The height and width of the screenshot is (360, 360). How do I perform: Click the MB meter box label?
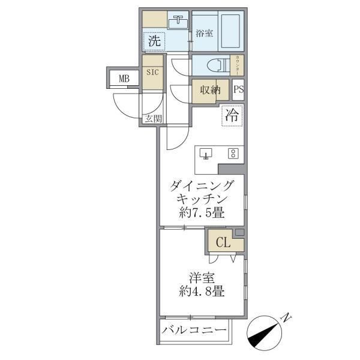(x=124, y=78)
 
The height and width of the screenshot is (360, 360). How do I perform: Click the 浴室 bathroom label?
(x=205, y=34)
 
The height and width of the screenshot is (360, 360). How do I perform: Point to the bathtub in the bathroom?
(x=232, y=32)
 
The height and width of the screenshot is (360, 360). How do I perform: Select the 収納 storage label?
(x=210, y=91)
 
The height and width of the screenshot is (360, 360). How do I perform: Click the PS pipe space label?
(x=238, y=91)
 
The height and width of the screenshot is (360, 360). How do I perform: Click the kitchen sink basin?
(x=206, y=154)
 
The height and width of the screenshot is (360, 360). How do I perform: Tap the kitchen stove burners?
(x=232, y=154)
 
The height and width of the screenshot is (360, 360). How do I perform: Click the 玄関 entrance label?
(x=153, y=118)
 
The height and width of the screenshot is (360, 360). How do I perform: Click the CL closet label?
(x=222, y=243)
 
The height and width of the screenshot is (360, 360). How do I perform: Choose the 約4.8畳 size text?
(x=201, y=293)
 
